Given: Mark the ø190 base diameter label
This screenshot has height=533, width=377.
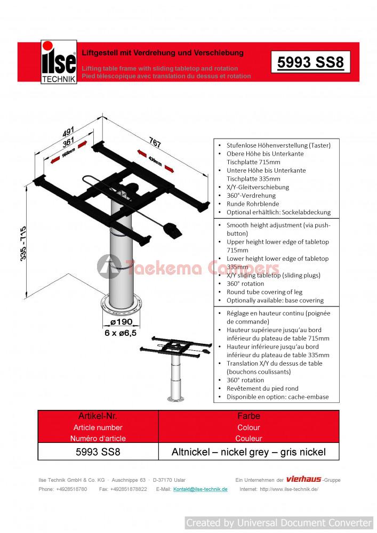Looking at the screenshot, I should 121,322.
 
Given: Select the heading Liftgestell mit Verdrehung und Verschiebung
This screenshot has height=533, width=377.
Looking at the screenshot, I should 162,53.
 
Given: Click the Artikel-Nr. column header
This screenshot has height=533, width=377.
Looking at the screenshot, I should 98,416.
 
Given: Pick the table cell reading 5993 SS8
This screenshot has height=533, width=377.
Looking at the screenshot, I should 99,453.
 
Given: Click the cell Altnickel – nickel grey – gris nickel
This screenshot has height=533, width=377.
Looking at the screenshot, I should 248,453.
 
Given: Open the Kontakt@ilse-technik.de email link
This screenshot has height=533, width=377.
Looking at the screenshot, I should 200,489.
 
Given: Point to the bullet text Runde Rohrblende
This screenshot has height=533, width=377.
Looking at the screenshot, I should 246,204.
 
